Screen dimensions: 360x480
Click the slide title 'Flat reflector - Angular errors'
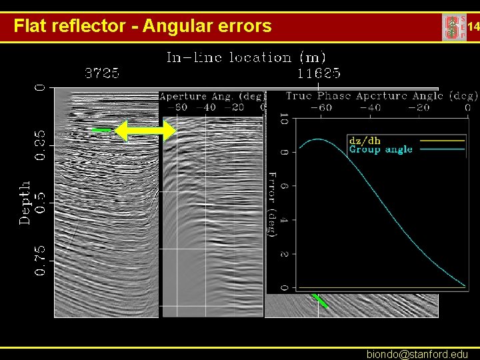coord(143,27)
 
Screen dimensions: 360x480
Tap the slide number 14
coord(473,27)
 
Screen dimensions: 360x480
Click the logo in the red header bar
coord(455,27)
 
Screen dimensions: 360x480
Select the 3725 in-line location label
coord(101,72)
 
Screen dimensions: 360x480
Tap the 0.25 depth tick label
coord(41,145)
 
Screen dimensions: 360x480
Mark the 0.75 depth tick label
coord(41,261)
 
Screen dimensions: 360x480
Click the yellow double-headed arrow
coord(145,131)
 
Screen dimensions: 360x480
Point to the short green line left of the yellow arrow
coord(101,129)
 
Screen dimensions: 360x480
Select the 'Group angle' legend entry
coord(380,149)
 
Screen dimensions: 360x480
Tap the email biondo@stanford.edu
coord(417,354)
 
